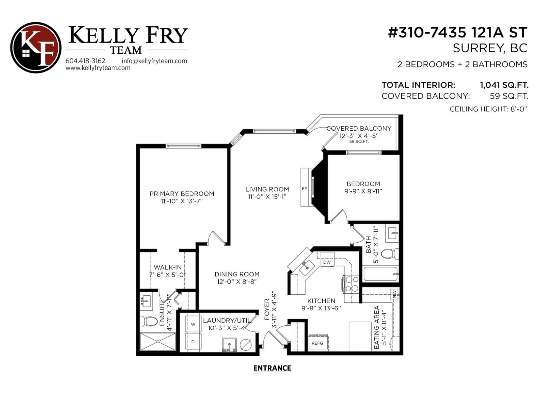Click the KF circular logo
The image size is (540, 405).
click(x=36, y=48)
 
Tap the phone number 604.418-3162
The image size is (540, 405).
click(x=85, y=61)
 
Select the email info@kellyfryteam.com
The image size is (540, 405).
click(x=154, y=61)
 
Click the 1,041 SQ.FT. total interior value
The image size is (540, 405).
click(x=504, y=85)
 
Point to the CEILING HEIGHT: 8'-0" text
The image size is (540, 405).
click(x=488, y=109)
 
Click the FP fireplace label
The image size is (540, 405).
click(x=304, y=189)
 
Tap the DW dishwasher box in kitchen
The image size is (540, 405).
click(x=327, y=262)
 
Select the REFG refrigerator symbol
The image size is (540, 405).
click(x=317, y=343)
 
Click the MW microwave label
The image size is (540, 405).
click(x=394, y=294)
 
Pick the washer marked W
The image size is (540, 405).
click(x=193, y=324)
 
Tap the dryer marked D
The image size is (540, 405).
click(x=193, y=342)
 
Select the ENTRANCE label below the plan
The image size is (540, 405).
click(x=272, y=368)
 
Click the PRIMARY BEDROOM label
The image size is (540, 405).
click(x=182, y=194)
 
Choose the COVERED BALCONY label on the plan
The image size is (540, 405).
click(x=359, y=129)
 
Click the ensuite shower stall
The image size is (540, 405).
click(x=158, y=342)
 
